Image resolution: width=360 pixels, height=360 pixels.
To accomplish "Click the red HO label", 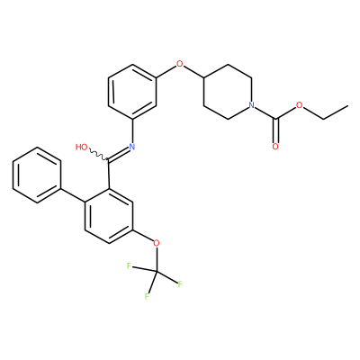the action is click(x=82, y=147).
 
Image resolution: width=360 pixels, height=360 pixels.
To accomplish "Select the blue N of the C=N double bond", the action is click(x=131, y=147).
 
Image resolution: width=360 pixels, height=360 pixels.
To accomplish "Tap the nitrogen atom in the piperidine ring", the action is click(x=251, y=105).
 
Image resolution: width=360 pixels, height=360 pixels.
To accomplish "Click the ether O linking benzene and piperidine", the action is click(x=179, y=64).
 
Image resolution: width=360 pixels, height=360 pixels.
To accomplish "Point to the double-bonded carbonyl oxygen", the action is click(x=275, y=147).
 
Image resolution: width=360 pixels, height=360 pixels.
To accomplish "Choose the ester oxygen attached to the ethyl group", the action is click(x=299, y=105).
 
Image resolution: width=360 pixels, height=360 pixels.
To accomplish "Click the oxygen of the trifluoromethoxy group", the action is click(x=156, y=243).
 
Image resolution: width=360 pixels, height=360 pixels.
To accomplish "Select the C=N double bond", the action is click(x=119, y=154).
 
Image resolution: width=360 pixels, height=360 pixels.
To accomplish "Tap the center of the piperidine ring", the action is click(x=228, y=92).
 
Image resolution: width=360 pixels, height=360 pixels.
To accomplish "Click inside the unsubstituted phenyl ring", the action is click(x=37, y=175).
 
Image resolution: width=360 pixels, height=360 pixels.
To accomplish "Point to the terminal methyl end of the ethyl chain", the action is click(x=347, y=105).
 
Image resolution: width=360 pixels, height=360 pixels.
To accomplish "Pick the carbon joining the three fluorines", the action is click(x=156, y=271).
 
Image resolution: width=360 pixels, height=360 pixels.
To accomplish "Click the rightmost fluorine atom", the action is click(x=180, y=284).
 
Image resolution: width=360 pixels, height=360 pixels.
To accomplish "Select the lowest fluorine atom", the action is click(x=147, y=296).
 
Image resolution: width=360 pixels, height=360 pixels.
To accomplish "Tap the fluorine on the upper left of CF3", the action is click(x=130, y=266).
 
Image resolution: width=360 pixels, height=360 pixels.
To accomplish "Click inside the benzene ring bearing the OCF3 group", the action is click(x=109, y=216).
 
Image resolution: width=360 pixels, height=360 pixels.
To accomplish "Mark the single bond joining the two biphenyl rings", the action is click(x=73, y=195).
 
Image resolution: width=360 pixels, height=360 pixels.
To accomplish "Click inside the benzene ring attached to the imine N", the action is click(x=132, y=92).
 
